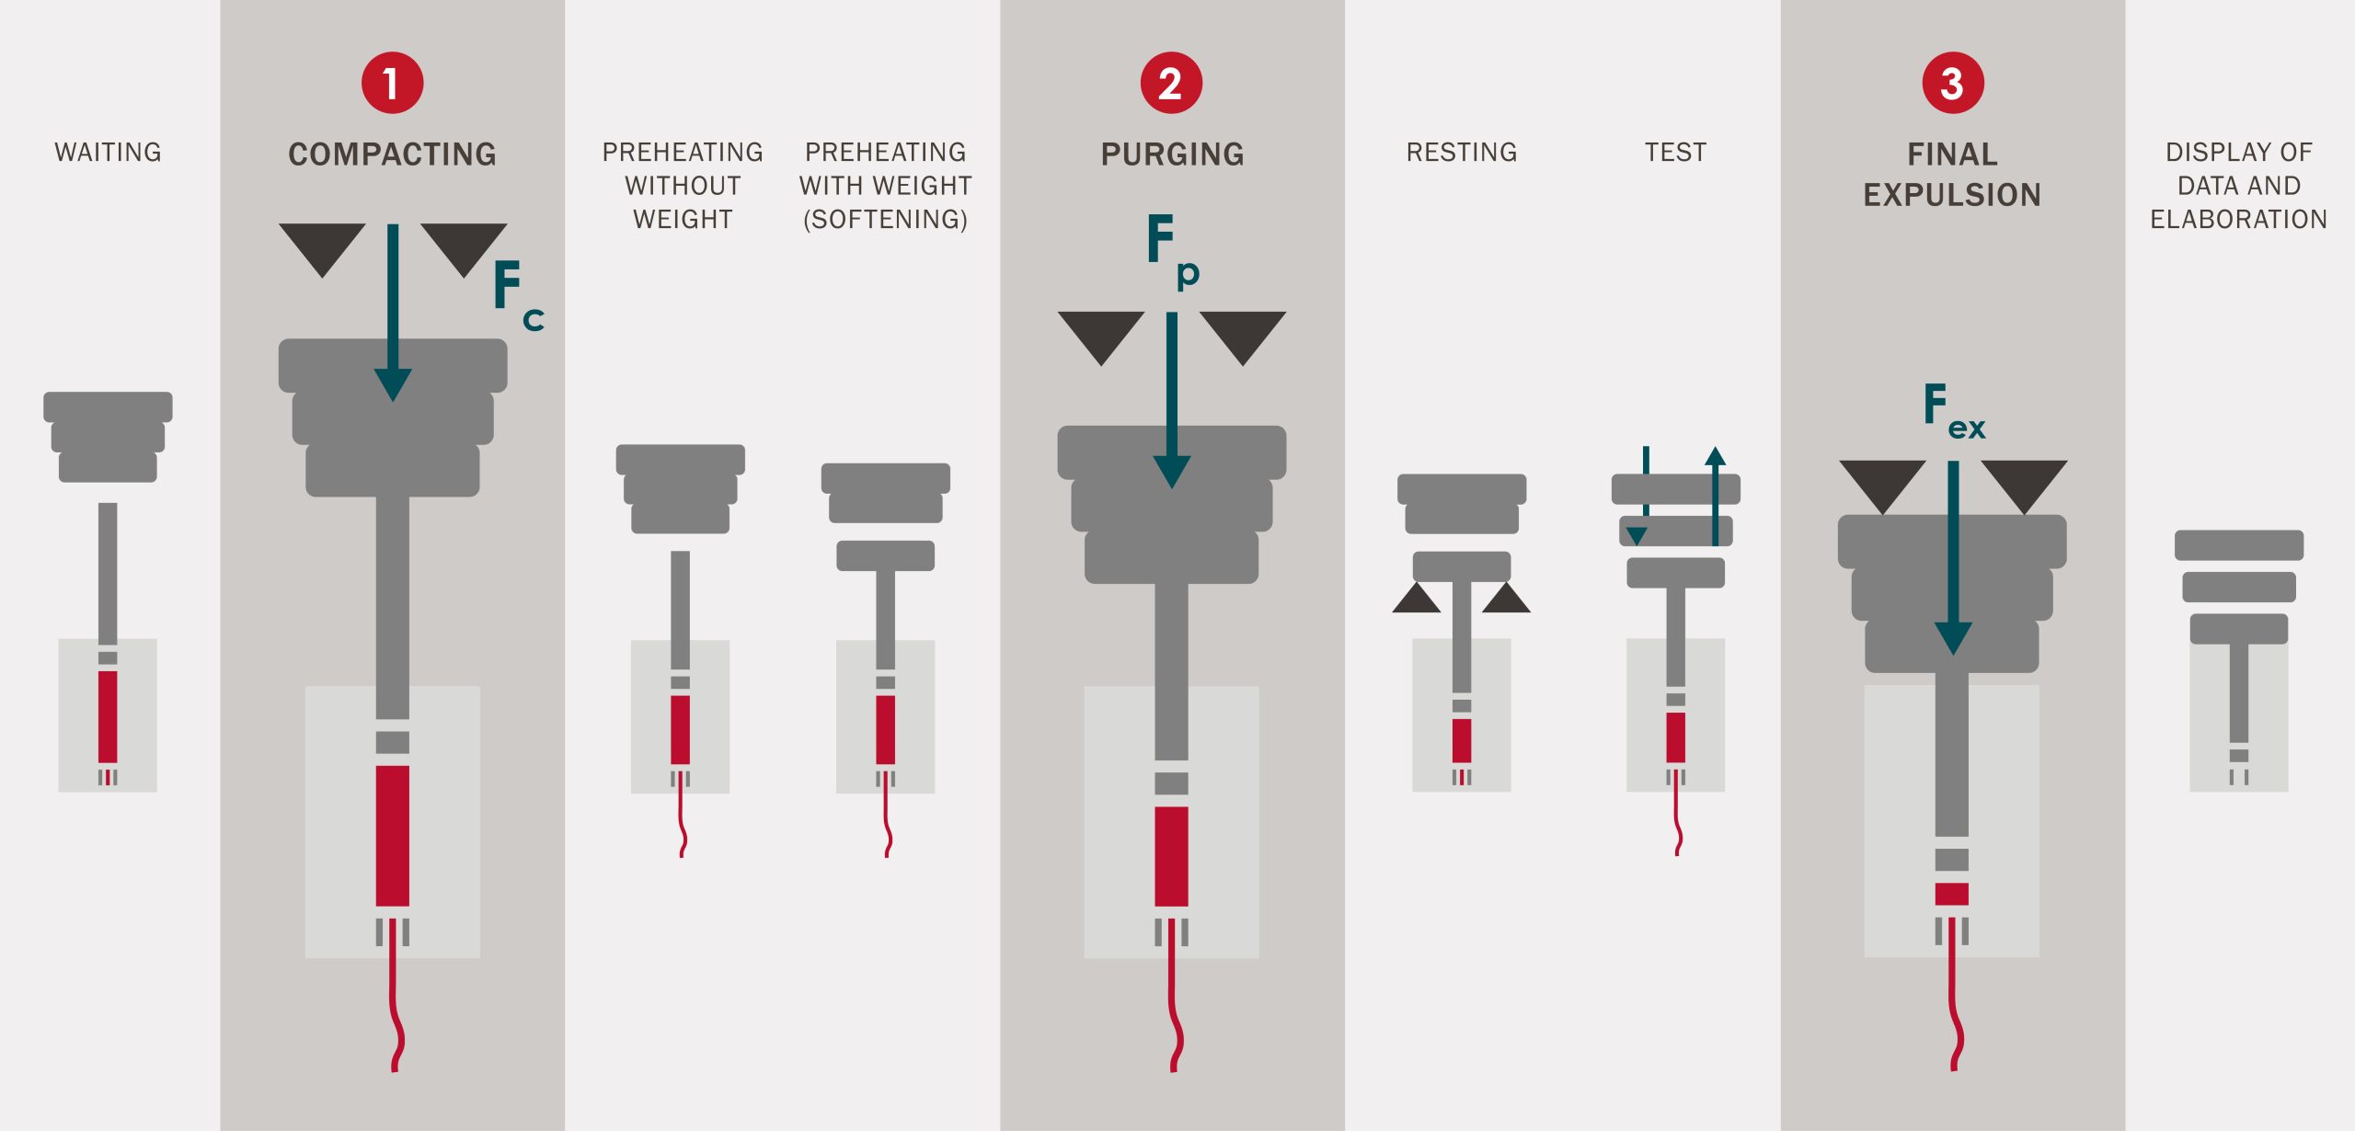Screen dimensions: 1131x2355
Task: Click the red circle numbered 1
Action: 392,83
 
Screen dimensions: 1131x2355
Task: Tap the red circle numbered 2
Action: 1171,83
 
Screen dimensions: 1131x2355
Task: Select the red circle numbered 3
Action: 1952,83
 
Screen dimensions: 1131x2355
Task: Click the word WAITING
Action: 108,152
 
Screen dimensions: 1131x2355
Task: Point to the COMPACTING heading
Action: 392,154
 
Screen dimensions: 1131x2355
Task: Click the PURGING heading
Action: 1172,154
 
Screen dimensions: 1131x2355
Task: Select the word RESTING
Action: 1461,152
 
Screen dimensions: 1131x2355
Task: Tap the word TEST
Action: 1675,152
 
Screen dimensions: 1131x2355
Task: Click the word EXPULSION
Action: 1951,195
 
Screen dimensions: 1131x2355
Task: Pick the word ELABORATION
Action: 2238,219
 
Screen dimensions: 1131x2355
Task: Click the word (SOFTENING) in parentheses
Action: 885,219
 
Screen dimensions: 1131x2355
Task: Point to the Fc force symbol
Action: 517,294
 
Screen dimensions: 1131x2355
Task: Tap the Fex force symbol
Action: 1952,412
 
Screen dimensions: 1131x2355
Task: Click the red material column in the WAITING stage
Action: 108,716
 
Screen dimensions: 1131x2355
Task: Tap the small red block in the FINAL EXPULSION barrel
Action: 1951,894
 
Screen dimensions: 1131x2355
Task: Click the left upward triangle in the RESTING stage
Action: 1416,599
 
